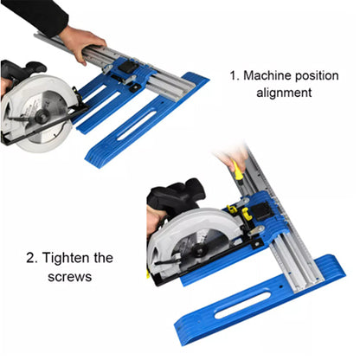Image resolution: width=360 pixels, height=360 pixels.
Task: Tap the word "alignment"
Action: (284, 93)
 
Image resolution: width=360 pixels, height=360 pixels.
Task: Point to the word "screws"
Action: (70, 277)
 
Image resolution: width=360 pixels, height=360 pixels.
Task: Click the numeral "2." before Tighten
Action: (32, 258)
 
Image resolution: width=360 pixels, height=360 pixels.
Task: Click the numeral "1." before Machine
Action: (235, 75)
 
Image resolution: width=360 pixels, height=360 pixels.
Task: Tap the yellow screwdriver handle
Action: (238, 170)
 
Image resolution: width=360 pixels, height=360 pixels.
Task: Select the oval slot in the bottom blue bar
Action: (243, 305)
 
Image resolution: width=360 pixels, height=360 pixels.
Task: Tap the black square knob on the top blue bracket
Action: (127, 67)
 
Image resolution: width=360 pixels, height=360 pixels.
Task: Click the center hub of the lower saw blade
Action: (199, 250)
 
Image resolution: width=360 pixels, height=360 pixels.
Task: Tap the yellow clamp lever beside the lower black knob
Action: (247, 214)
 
